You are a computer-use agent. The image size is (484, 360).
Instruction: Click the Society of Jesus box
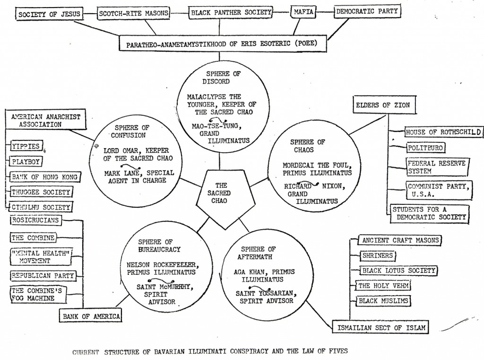(x=49, y=14)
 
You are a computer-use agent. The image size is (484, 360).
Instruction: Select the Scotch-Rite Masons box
(x=133, y=13)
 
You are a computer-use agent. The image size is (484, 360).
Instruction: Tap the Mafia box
(x=303, y=12)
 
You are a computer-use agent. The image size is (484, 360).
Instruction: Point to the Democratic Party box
(x=367, y=11)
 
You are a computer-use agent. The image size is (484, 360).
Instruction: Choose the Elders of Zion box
(x=384, y=105)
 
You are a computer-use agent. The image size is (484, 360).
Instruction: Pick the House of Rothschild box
(x=443, y=132)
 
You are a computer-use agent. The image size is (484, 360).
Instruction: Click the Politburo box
(x=425, y=148)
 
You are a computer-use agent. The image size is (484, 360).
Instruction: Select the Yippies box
(x=26, y=146)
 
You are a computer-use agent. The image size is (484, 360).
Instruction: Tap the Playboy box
(x=26, y=161)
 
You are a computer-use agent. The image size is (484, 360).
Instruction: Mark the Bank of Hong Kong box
(x=45, y=177)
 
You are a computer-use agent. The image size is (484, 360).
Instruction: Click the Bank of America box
(x=91, y=316)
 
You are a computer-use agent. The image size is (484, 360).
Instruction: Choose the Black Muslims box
(x=383, y=301)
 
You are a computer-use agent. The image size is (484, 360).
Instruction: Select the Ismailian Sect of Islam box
(x=381, y=327)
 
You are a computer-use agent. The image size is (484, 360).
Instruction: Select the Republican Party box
(x=43, y=276)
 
